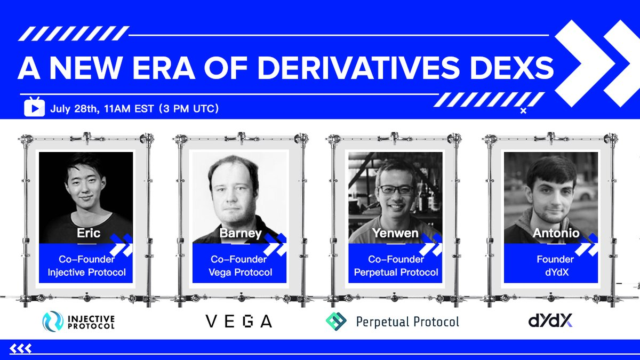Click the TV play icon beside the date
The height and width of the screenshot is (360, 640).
[x=34, y=107]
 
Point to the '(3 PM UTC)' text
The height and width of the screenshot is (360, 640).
[x=189, y=109]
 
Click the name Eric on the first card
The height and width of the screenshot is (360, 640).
[x=89, y=233]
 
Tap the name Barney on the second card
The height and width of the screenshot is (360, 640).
[x=241, y=234]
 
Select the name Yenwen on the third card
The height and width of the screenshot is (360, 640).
[x=395, y=233]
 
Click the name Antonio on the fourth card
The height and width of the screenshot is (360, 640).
[x=556, y=233]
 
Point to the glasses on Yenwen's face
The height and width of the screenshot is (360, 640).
[x=396, y=189]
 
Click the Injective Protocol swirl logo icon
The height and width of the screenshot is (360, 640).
[x=53, y=322]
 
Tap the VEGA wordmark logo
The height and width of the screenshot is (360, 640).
[x=239, y=322]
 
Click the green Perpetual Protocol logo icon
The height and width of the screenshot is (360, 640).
[x=336, y=322]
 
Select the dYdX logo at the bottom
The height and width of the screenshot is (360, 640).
[x=550, y=321]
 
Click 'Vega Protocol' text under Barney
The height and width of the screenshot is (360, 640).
[x=241, y=273]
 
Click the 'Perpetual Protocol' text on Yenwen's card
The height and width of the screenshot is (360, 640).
[x=396, y=273]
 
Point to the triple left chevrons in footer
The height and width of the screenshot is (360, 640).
[x=21, y=349]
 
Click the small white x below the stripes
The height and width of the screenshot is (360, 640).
[x=523, y=111]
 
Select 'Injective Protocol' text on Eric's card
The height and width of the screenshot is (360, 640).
[x=86, y=273]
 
